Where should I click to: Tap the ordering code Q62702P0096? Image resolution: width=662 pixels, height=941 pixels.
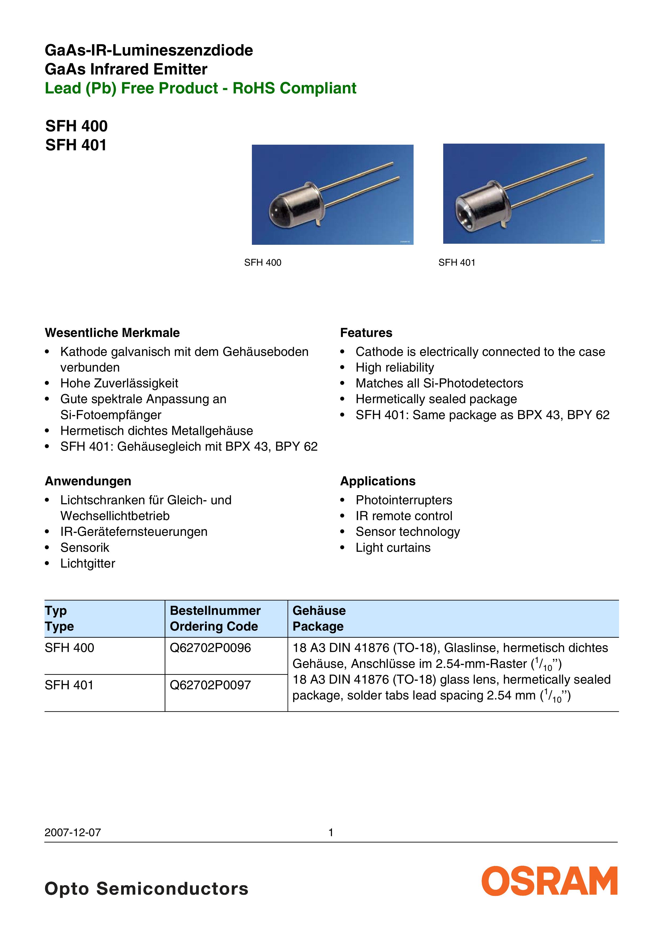pos(210,648)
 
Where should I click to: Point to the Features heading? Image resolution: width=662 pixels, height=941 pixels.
pos(366,333)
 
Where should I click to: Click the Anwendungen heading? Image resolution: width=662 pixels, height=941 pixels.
pos(88,481)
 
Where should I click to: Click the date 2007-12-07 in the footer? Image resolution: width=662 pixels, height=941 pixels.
pos(73,832)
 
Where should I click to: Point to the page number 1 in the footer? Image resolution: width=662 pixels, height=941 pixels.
pos(331,832)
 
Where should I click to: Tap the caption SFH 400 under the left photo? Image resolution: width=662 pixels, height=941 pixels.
pos(263,263)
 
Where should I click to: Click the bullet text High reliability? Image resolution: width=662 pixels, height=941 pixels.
pos(394,368)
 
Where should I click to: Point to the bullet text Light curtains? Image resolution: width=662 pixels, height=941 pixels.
pos(393,548)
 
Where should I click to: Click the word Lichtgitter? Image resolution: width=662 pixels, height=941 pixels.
pos(88,564)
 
